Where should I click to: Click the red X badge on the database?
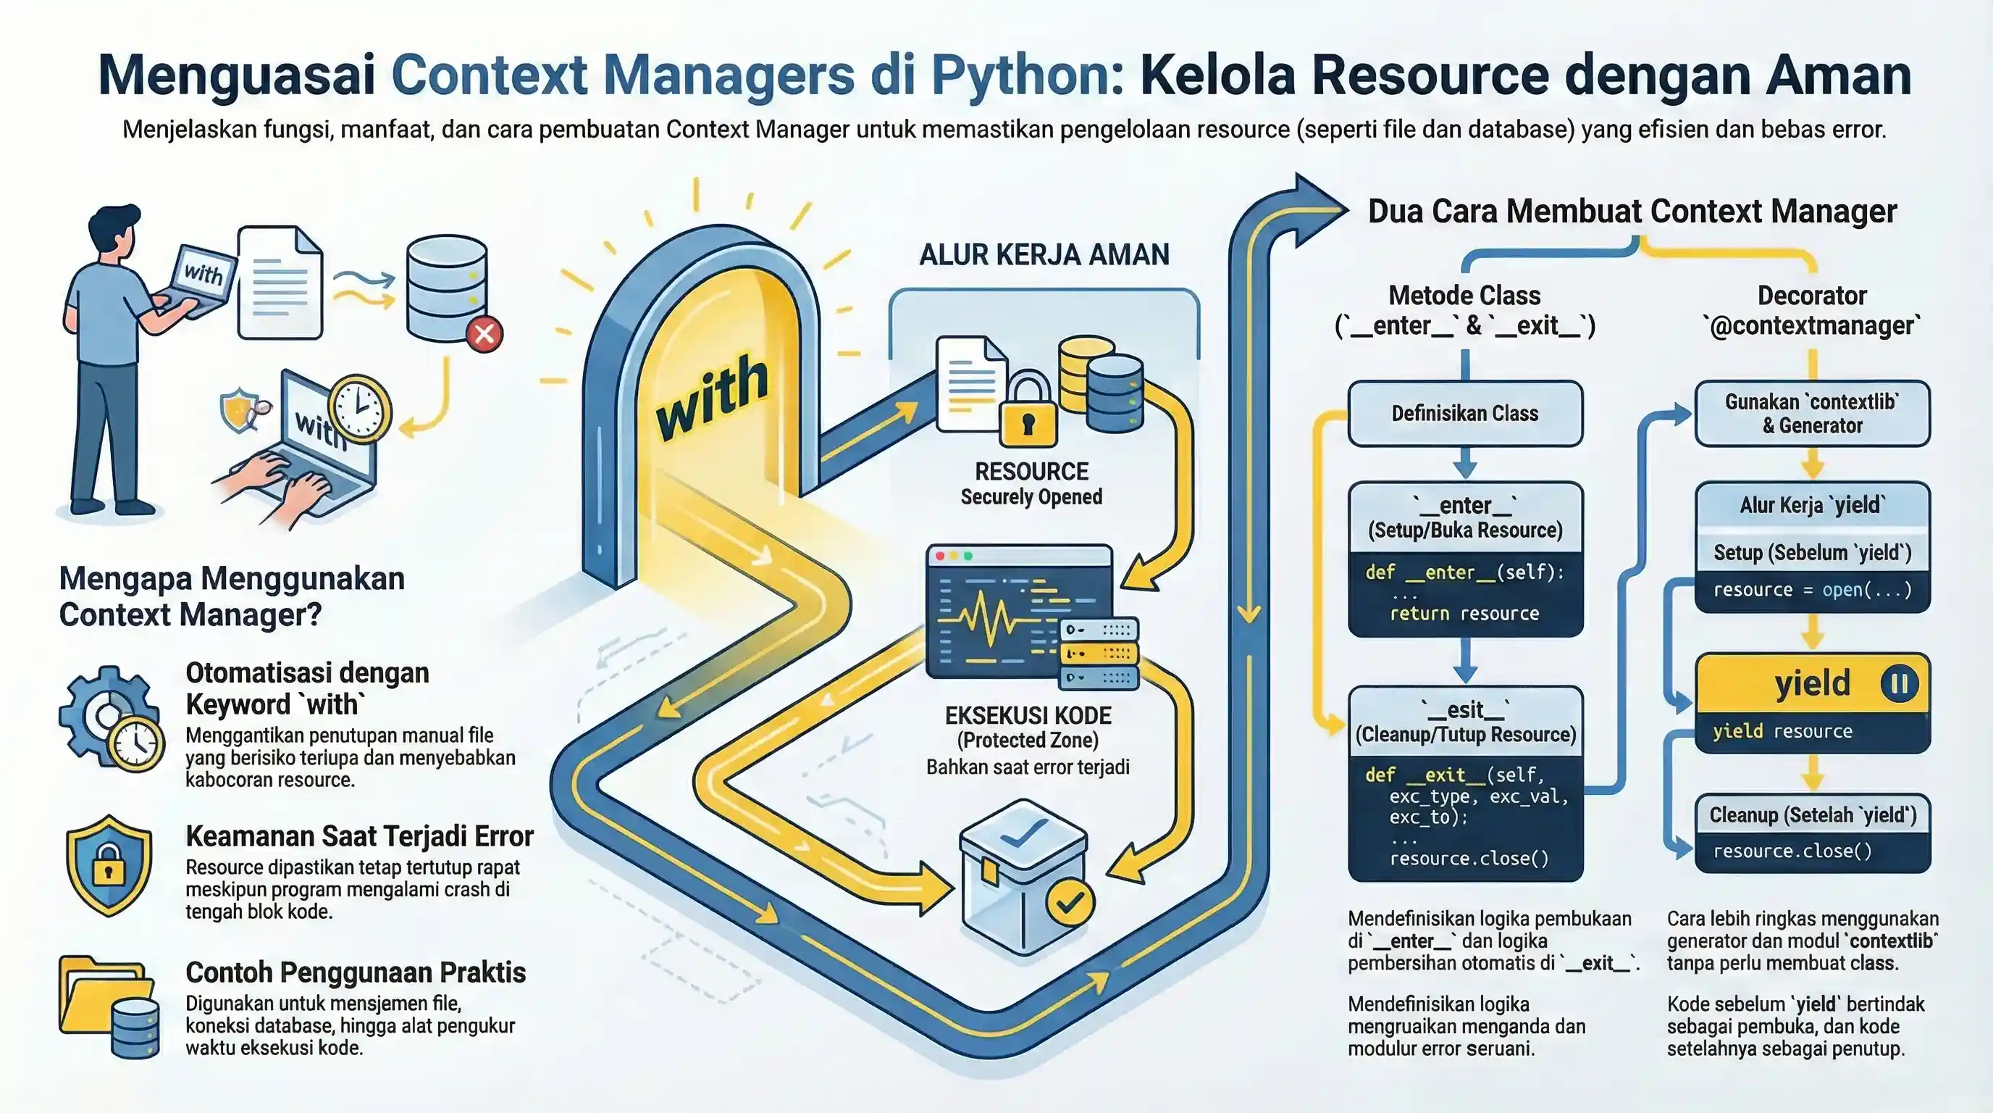coord(484,334)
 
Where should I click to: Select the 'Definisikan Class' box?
coord(1464,413)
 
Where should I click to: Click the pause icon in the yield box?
coord(1900,683)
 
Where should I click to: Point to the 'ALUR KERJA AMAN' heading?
coord(1044,254)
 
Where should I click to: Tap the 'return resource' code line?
coord(1464,614)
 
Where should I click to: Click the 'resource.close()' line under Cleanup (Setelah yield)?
coord(1792,851)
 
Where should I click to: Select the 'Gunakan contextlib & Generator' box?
coord(1812,413)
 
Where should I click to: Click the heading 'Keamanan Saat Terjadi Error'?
coord(359,836)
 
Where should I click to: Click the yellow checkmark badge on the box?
coord(1070,901)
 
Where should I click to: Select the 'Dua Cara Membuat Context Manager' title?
coord(1632,212)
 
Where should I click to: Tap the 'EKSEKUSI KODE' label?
coord(1028,715)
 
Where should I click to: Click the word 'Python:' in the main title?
coord(1028,76)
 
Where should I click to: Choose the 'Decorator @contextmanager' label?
coord(1811,310)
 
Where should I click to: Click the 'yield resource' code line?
coord(1782,731)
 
